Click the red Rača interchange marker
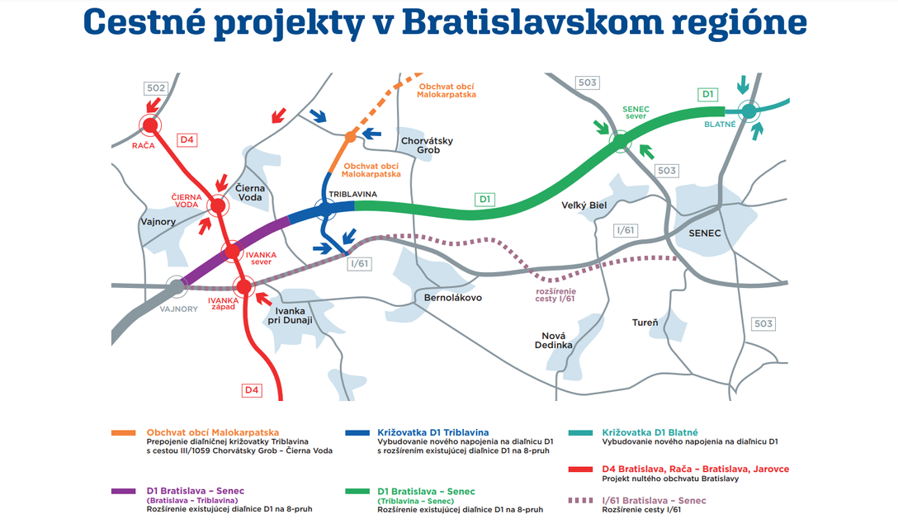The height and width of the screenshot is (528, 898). [x=150, y=125]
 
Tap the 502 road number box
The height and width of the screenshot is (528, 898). [x=156, y=88]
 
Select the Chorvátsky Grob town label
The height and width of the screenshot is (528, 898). [x=428, y=145]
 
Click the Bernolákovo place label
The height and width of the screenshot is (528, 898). [x=453, y=298]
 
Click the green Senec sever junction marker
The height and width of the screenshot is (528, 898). [x=620, y=140]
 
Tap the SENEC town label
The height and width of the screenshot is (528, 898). [x=704, y=233]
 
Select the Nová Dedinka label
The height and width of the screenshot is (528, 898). [x=553, y=340]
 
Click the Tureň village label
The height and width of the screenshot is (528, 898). [x=645, y=323]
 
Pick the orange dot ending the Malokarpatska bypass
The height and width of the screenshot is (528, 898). [x=350, y=138]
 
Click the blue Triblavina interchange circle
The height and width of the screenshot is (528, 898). [x=325, y=210]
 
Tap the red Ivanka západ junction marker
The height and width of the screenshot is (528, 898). [x=244, y=286]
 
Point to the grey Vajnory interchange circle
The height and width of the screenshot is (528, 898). [x=177, y=286]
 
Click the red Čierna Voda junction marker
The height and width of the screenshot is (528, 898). [x=218, y=205]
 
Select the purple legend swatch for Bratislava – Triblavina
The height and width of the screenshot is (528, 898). [x=123, y=491]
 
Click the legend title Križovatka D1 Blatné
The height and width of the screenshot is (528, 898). [x=650, y=432]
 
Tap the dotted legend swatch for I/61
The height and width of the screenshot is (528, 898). [x=580, y=501]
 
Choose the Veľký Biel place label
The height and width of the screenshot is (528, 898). [x=584, y=205]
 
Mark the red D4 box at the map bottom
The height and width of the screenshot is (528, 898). [x=252, y=390]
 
